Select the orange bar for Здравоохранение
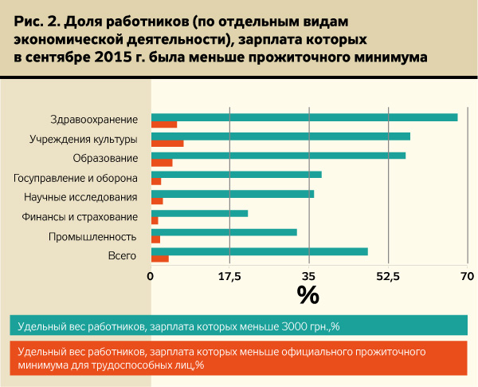click(x=164, y=124)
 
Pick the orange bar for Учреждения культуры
click(x=167, y=144)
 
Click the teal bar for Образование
click(x=278, y=156)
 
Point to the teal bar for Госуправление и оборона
click(x=236, y=175)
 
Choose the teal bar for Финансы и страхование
click(x=199, y=213)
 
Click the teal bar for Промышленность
click(x=224, y=232)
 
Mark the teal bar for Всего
click(x=259, y=251)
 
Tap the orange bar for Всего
click(x=159, y=259)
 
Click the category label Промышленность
click(x=93, y=236)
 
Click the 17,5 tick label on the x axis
click(x=229, y=277)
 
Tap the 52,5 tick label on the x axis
click(x=388, y=277)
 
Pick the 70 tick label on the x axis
click(x=467, y=277)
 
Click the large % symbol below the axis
click(x=308, y=295)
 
